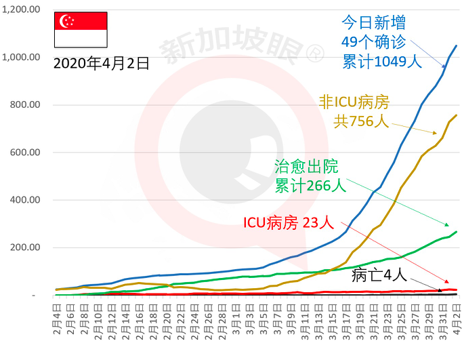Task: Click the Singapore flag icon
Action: [x=81, y=29]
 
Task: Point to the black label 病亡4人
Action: [x=379, y=275]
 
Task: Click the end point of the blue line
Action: [x=456, y=46]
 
